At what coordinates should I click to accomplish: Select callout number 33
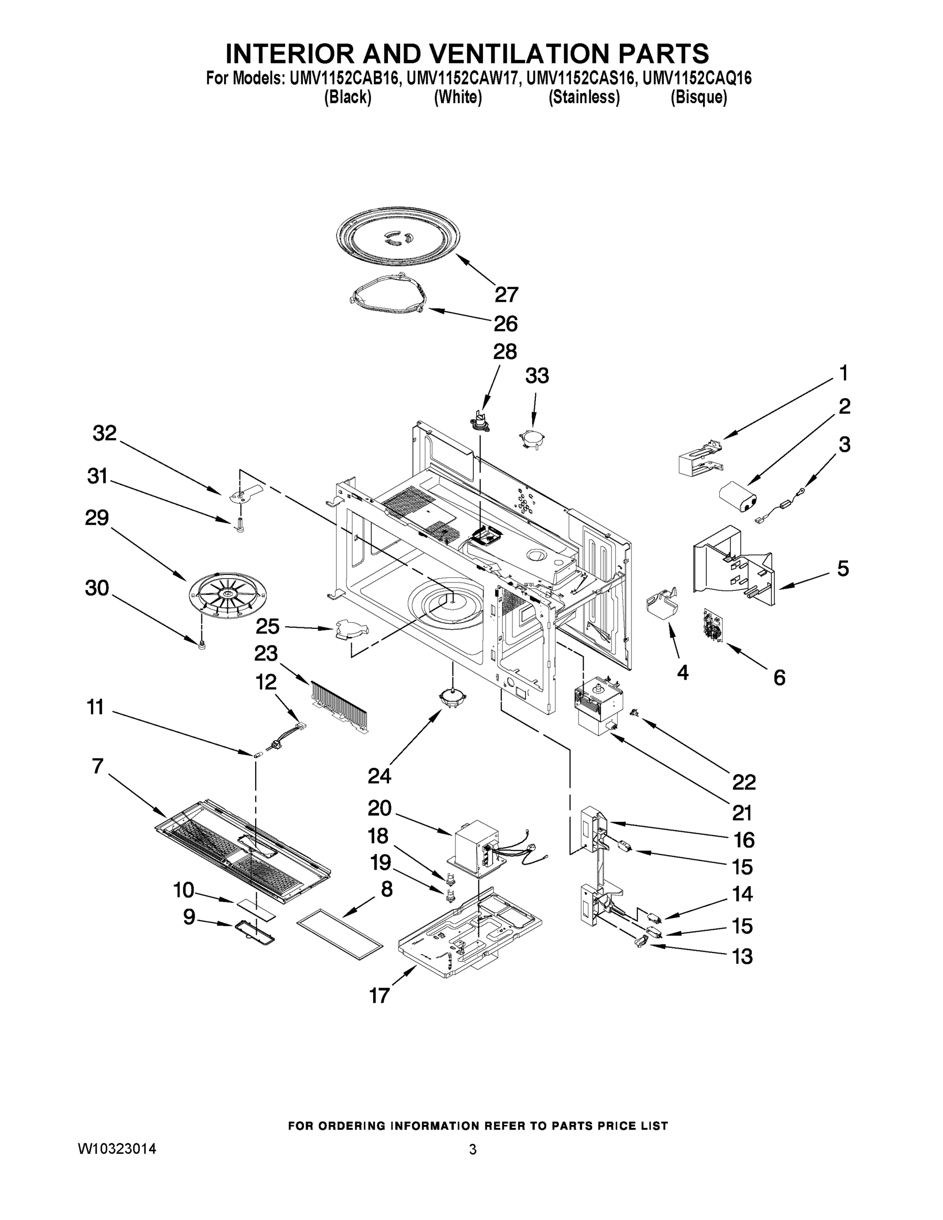pos(536,376)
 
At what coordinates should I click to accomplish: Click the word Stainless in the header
pos(584,97)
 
